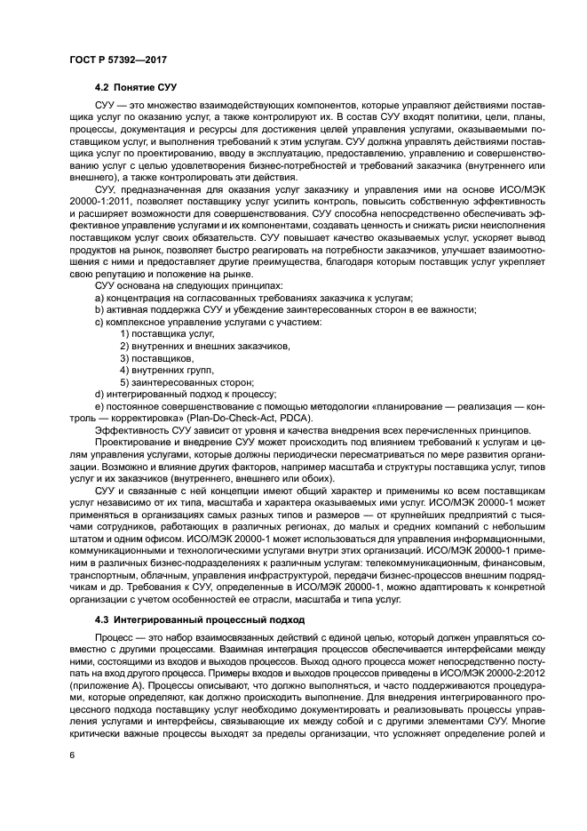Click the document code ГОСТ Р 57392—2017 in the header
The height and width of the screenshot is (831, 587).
[117, 60]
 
